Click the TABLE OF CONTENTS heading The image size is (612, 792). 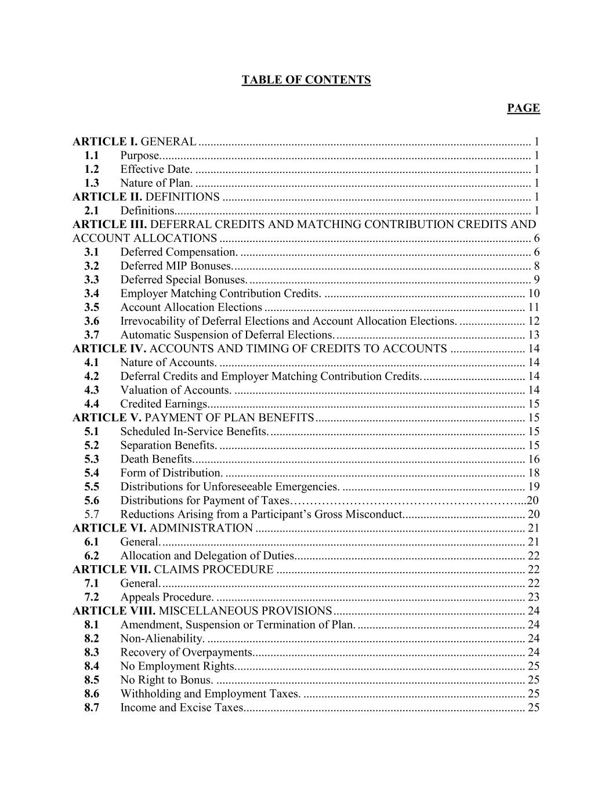[x=306, y=80]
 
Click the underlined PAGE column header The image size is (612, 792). [x=523, y=109]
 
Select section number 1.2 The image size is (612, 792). [x=91, y=169]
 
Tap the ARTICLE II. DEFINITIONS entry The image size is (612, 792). [x=146, y=197]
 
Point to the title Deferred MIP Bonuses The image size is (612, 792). [x=176, y=266]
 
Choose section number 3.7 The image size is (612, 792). [x=91, y=335]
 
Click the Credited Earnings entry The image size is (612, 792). [x=164, y=404]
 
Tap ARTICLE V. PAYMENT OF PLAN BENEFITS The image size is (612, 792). [x=193, y=418]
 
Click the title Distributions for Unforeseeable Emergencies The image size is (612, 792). [x=230, y=487]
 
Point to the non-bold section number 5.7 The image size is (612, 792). [x=91, y=515]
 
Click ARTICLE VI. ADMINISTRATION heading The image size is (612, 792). [x=162, y=529]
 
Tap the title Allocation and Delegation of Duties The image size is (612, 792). [x=207, y=556]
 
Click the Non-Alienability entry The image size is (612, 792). [x=162, y=639]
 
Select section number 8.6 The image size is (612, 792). [x=91, y=694]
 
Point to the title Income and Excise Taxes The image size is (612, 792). [x=182, y=708]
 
